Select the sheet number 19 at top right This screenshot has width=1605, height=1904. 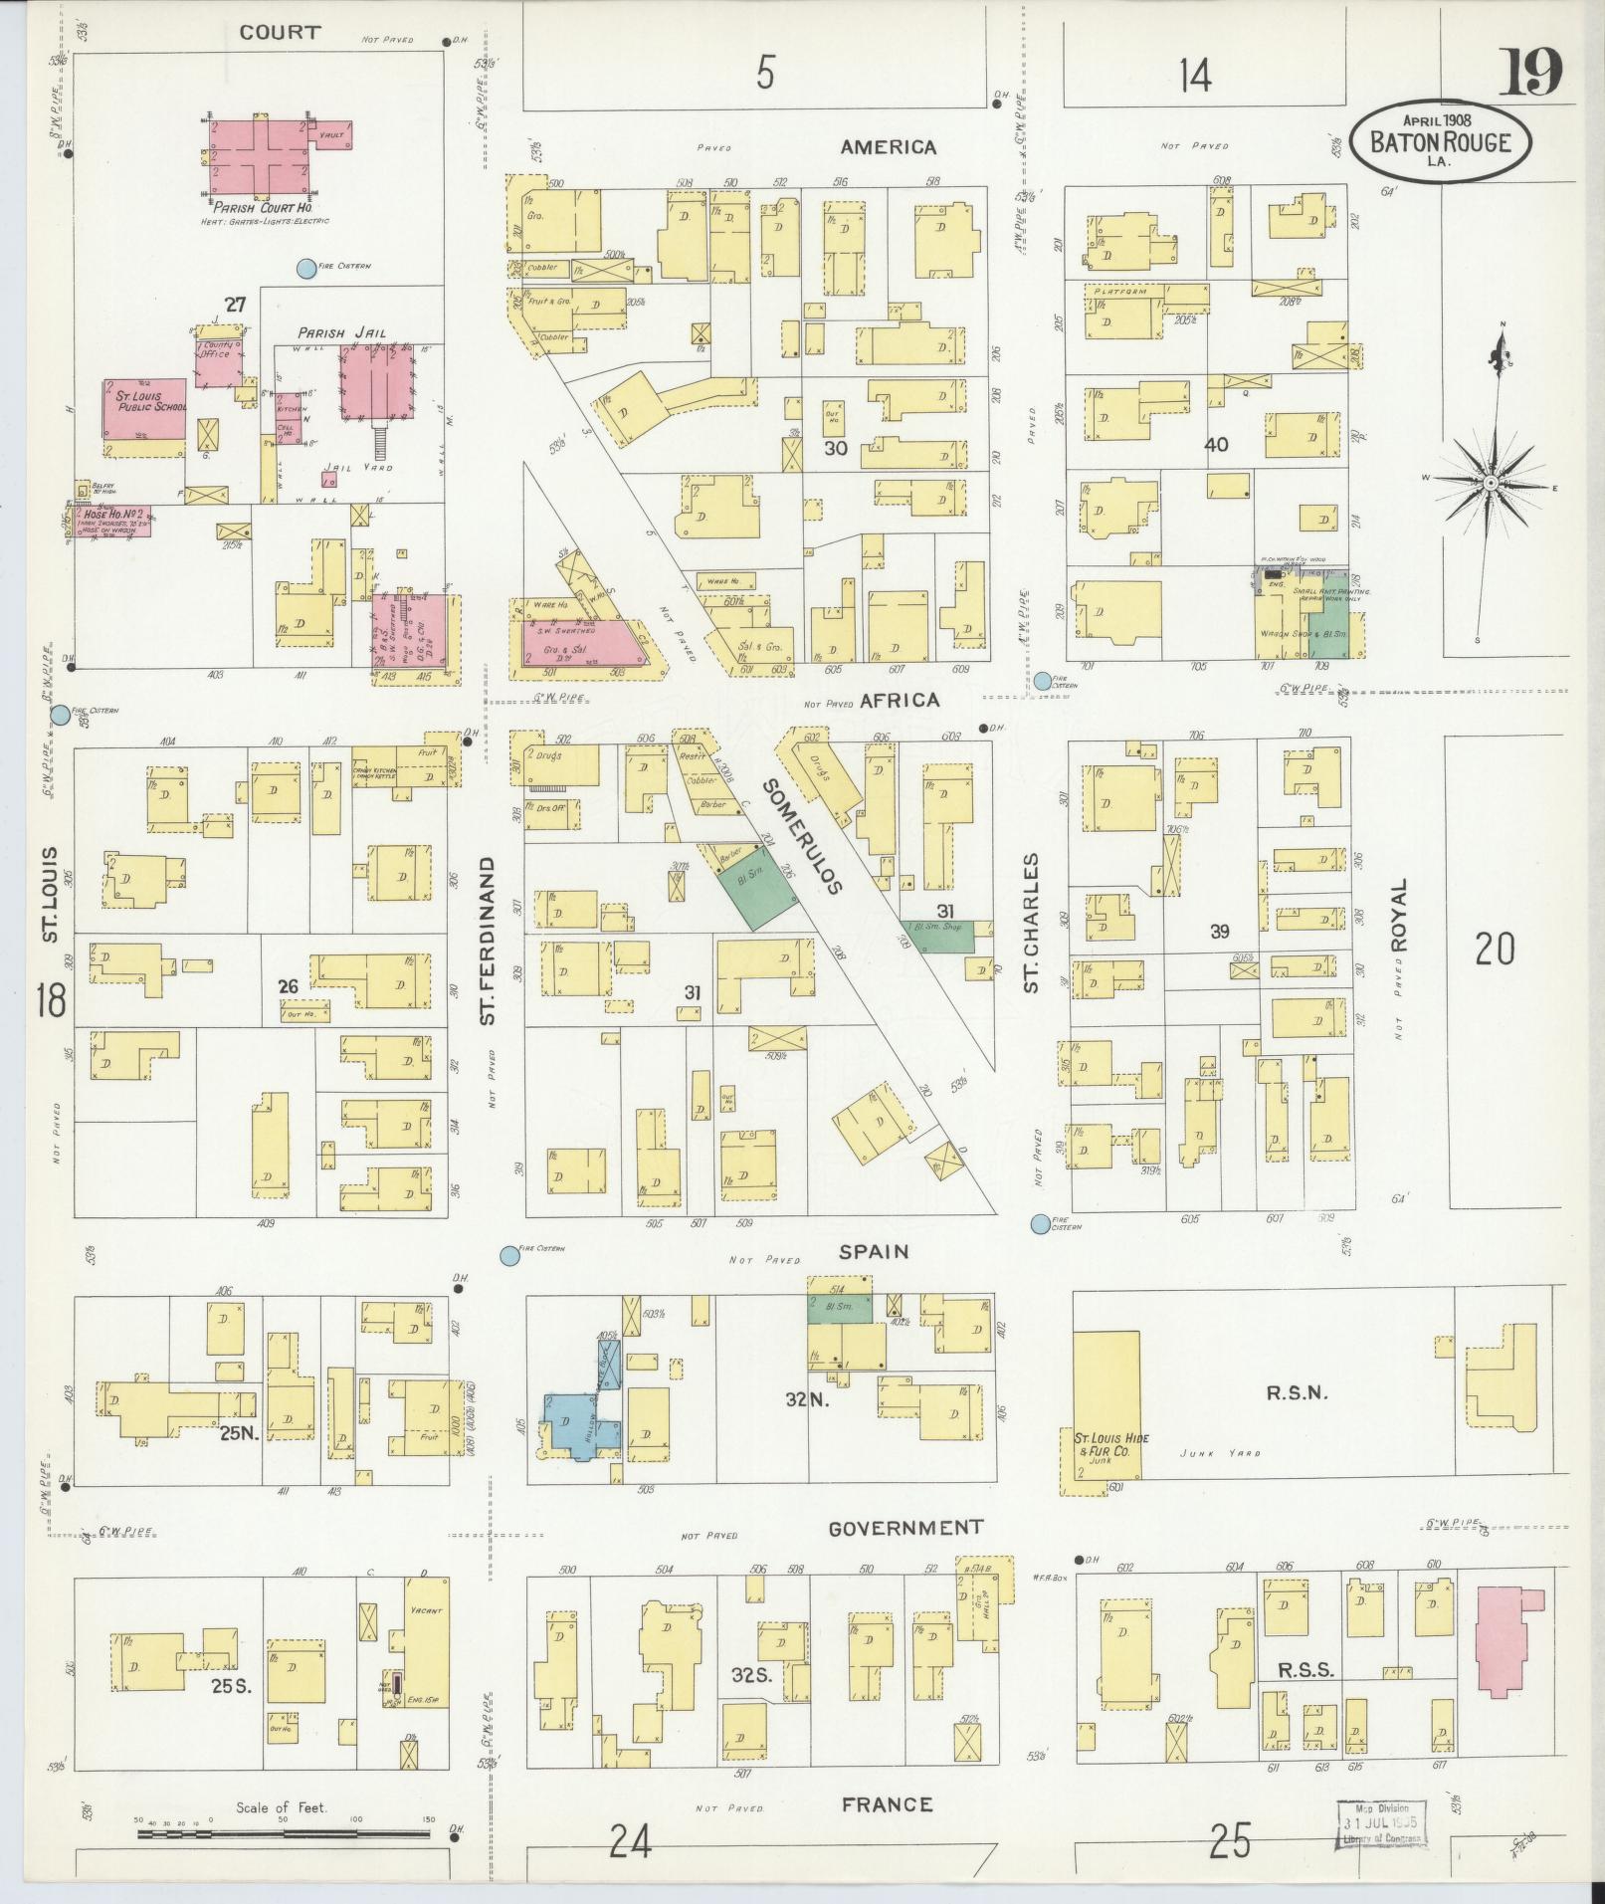[1530, 72]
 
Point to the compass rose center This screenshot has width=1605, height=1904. [1491, 483]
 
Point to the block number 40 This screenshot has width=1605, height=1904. [1216, 445]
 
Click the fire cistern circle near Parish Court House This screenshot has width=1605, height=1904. [306, 268]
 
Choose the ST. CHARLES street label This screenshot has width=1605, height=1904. [1031, 922]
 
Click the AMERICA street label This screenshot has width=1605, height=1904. [888, 147]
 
